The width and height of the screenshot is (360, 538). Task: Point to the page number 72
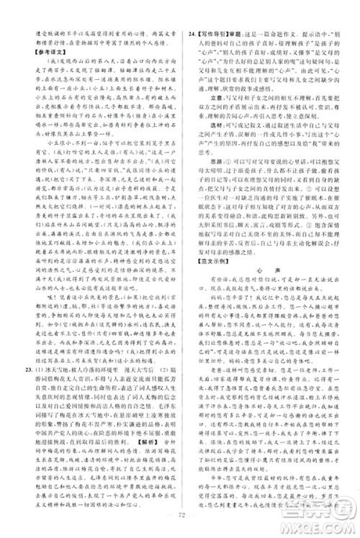[x=180, y=516]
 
